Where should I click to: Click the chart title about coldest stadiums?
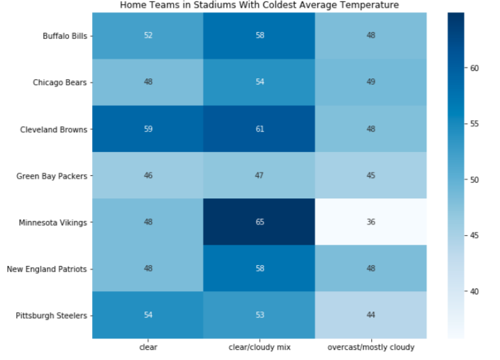click(259, 5)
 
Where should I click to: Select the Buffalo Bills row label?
click(65, 36)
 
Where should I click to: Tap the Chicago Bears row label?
click(59, 82)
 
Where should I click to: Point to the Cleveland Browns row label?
click(54, 130)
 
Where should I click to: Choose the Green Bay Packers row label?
click(52, 177)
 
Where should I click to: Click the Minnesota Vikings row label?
click(53, 222)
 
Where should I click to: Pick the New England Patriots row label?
click(46, 269)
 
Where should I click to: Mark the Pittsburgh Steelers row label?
click(51, 316)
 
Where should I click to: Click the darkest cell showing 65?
click(259, 222)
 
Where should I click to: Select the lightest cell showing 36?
click(371, 222)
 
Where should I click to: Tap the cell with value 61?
click(259, 129)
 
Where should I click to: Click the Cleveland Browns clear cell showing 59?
click(148, 129)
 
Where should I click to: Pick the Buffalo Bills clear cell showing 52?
click(148, 35)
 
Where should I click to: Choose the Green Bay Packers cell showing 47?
click(259, 175)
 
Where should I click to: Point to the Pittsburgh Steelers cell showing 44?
click(371, 315)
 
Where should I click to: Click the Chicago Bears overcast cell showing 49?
click(371, 82)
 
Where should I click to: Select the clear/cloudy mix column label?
click(259, 347)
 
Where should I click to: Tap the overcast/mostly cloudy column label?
click(371, 347)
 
